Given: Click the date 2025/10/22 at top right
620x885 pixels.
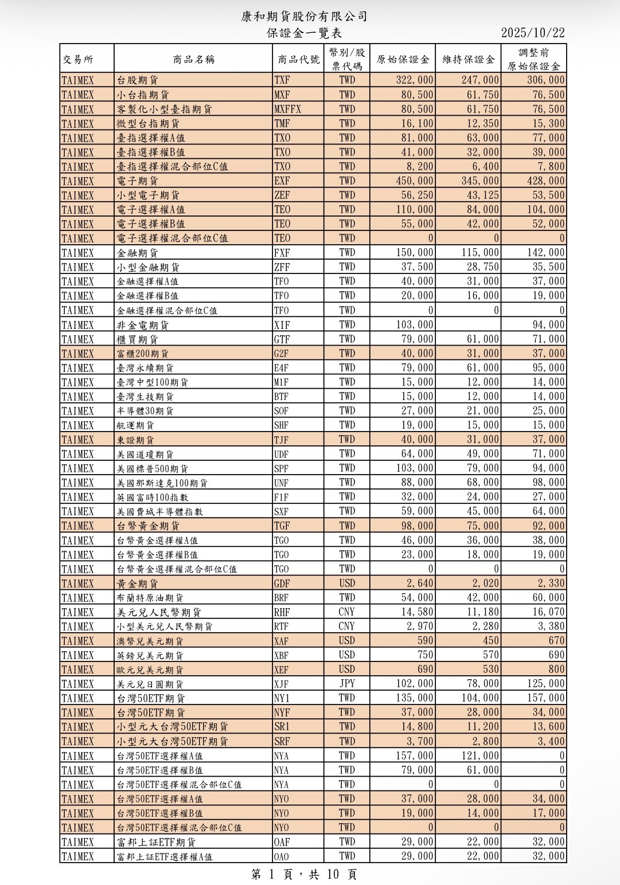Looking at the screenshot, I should click(x=532, y=33).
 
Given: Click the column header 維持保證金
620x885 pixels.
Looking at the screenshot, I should click(x=468, y=59).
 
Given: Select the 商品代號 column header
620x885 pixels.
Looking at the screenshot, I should click(x=298, y=59).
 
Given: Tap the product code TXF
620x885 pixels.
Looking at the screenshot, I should click(x=282, y=80).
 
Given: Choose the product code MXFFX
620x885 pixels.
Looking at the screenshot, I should click(x=287, y=109).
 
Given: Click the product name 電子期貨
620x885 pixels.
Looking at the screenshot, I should click(x=138, y=181).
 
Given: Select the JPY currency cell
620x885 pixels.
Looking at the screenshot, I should click(x=347, y=683).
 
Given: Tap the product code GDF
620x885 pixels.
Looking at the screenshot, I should click(x=282, y=584).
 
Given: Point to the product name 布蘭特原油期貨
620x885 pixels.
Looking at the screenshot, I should click(x=150, y=598).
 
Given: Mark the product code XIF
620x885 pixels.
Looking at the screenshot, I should click(x=282, y=325).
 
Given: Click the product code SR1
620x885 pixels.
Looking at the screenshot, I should click(x=282, y=727).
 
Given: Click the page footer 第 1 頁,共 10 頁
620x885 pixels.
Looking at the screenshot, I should click(x=304, y=874).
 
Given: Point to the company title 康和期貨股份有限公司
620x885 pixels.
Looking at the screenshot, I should click(x=304, y=17).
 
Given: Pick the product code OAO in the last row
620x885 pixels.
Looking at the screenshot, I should click(x=282, y=856).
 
